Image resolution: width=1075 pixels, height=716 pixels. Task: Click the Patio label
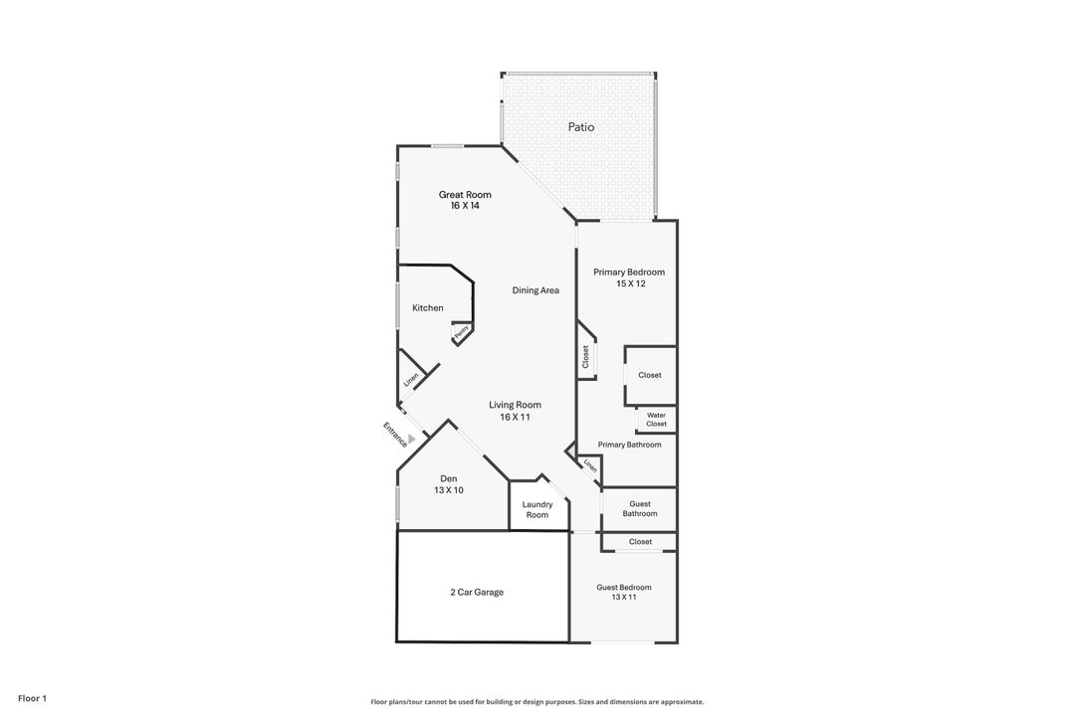click(581, 127)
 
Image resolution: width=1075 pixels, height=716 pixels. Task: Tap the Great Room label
click(465, 195)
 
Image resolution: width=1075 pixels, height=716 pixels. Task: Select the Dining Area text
click(536, 290)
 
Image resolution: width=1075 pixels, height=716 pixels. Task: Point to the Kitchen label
click(428, 308)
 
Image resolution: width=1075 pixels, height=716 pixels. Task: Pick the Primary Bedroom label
click(629, 272)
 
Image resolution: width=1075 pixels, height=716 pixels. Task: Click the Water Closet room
click(656, 420)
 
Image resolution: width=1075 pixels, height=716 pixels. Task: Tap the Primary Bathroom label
click(629, 445)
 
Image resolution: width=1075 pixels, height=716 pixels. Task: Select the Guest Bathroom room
click(640, 508)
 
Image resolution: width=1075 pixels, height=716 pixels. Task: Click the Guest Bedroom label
click(624, 588)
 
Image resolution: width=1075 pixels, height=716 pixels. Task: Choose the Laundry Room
click(537, 509)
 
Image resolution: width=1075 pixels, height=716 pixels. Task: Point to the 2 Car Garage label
click(477, 592)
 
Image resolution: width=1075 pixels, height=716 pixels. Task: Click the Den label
click(448, 478)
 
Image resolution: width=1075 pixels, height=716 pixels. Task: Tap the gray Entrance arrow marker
click(411, 437)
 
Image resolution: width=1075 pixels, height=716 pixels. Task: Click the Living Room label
click(515, 405)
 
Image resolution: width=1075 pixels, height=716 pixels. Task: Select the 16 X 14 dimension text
click(465, 206)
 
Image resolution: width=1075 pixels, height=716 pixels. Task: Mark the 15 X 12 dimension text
click(631, 283)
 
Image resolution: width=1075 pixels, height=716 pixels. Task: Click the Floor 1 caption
click(32, 698)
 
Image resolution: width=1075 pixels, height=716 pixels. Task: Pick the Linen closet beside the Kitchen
click(411, 379)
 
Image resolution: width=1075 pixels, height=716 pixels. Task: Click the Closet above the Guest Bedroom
click(640, 542)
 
